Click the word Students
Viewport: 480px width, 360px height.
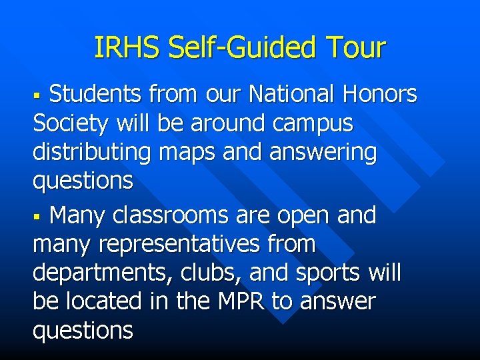[95, 95]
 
